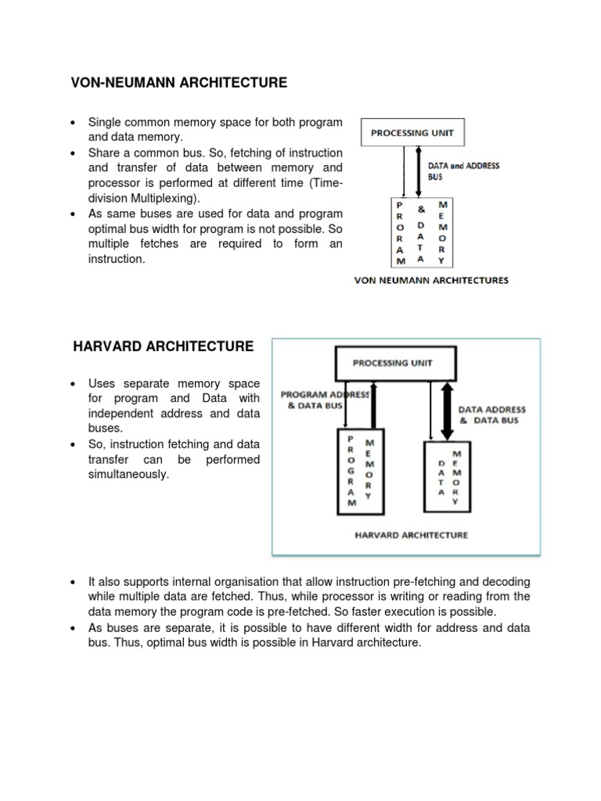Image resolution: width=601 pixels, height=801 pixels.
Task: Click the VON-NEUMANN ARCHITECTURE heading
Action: click(179, 82)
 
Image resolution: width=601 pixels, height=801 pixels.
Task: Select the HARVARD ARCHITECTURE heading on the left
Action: click(164, 346)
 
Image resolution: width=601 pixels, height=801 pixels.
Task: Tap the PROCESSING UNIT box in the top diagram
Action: click(411, 133)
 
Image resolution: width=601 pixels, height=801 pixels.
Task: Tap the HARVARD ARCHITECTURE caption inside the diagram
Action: click(412, 535)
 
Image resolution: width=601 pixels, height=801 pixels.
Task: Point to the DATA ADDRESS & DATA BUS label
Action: click(491, 415)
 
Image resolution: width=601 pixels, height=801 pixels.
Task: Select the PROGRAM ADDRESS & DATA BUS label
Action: click(324, 400)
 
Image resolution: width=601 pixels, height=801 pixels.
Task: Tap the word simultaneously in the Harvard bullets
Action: click(128, 474)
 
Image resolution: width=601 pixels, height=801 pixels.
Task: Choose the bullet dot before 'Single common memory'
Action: click(72, 123)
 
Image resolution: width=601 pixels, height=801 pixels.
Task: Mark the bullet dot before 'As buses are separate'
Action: click(72, 629)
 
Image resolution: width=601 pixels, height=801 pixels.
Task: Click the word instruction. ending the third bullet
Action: click(117, 258)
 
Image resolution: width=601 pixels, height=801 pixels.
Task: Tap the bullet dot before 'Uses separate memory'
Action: click(72, 384)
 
